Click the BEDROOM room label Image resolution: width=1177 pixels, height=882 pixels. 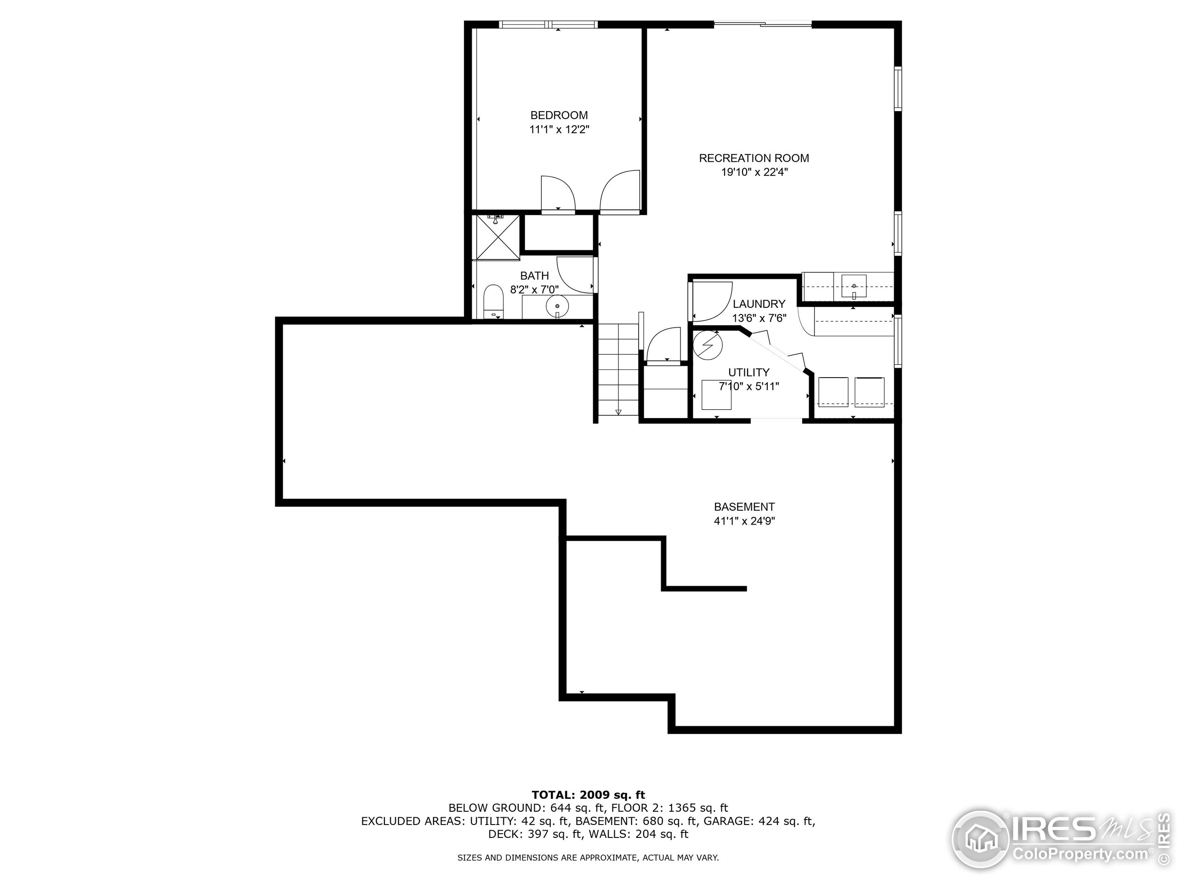click(x=559, y=115)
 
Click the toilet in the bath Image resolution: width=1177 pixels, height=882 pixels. click(x=494, y=303)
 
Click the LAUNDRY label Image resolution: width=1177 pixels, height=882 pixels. click(x=759, y=304)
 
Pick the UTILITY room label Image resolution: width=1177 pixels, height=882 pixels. click(x=748, y=372)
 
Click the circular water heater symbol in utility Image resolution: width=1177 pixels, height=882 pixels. click(x=708, y=345)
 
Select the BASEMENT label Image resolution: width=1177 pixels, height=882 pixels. click(x=744, y=507)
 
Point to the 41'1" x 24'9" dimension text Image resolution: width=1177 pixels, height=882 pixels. click(x=744, y=521)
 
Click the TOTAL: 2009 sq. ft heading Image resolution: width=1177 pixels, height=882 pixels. click(x=588, y=795)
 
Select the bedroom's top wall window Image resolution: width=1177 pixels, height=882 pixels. click(x=548, y=24)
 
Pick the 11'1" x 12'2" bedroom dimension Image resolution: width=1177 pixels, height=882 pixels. click(x=559, y=130)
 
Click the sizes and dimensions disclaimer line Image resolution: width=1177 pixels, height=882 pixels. click(x=588, y=858)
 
